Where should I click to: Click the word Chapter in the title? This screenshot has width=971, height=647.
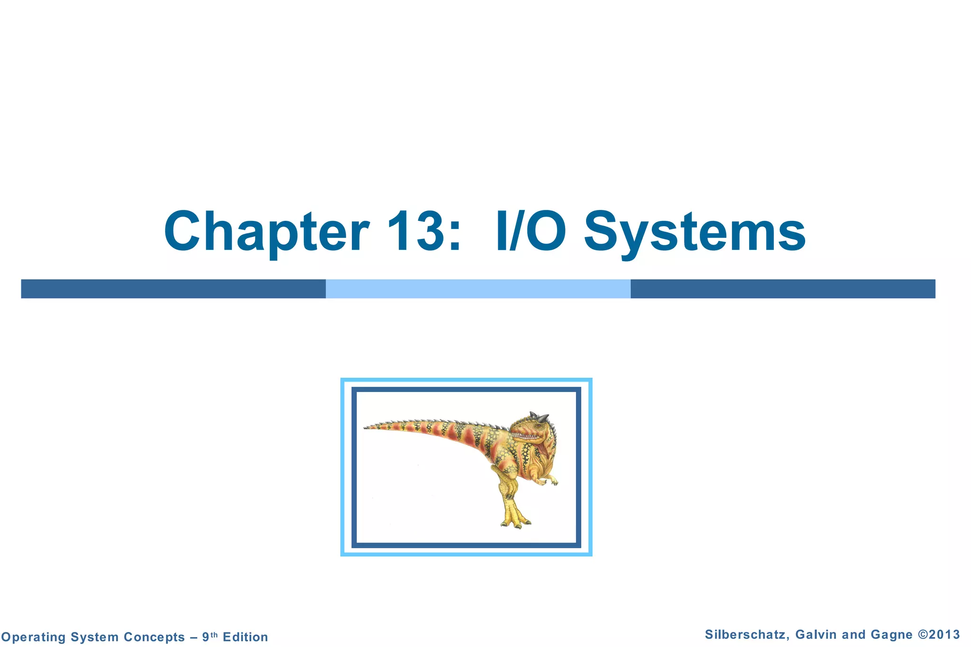pos(266,232)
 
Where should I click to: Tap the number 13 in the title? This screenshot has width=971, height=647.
pos(417,232)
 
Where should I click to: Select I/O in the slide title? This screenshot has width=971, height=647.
pos(531,232)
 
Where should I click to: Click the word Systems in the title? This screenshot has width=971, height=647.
pos(695,232)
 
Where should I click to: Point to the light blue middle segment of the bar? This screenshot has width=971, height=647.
pos(478,289)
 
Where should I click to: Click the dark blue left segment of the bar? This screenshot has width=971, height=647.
pos(173,289)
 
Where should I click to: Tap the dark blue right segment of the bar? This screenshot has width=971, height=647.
pos(782,289)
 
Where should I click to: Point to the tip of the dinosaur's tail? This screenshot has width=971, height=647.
pos(366,428)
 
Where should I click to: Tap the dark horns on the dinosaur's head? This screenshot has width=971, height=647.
pos(540,417)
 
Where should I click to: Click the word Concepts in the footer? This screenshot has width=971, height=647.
pos(154,637)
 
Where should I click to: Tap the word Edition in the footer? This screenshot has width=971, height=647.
pos(245,637)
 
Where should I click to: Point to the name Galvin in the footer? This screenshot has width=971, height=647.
pos(816,635)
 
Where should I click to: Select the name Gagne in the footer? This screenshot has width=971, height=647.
pos(892,635)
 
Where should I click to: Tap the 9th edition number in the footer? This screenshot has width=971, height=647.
pos(209,637)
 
